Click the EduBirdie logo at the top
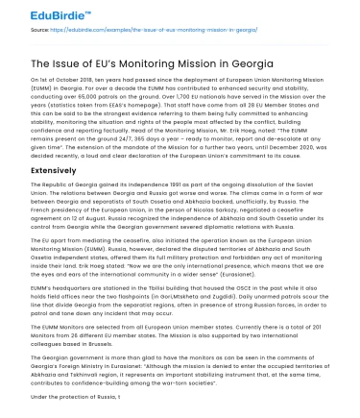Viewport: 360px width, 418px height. (36, 13)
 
